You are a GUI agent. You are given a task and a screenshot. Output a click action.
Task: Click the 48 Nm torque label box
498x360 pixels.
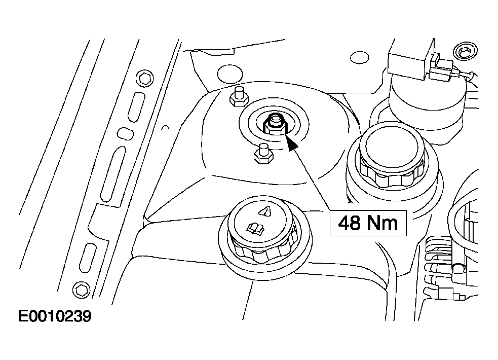(x=368, y=223)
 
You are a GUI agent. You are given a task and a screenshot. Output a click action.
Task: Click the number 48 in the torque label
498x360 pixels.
(x=350, y=223)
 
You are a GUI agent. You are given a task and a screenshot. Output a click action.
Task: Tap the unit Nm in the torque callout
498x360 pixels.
(x=382, y=223)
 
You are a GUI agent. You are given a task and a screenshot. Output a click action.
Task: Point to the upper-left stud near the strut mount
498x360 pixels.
(x=239, y=97)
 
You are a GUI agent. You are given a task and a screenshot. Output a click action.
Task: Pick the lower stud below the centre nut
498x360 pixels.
(x=263, y=154)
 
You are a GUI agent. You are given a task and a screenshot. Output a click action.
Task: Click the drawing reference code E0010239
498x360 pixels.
(x=55, y=316)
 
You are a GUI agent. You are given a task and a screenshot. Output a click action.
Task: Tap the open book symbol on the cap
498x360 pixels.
(x=256, y=229)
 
